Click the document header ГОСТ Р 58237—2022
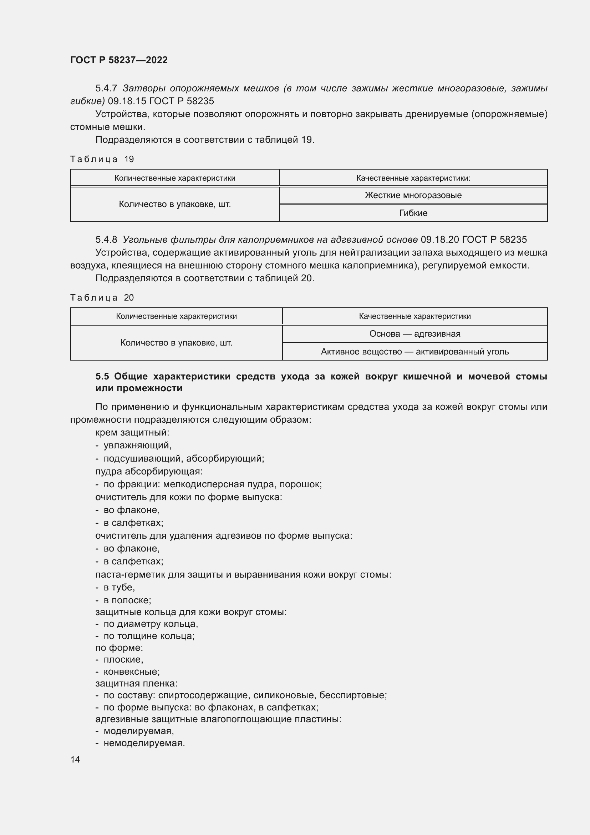pyautogui.click(x=119, y=60)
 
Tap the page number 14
pyautogui.click(x=75, y=759)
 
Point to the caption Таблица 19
pyautogui.click(x=102, y=159)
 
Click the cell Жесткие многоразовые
pyautogui.click(x=413, y=195)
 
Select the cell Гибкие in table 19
pyautogui.click(x=413, y=213)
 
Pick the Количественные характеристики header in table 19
pyautogui.click(x=175, y=178)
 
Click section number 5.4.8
pyautogui.click(x=106, y=240)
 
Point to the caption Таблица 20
pyautogui.click(x=102, y=298)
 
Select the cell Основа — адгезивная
pyautogui.click(x=414, y=334)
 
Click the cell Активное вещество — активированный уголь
pyautogui.click(x=414, y=352)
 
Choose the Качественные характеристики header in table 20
pyautogui.click(x=414, y=316)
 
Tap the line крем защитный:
pyautogui.click(x=132, y=432)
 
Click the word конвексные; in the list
pyautogui.click(x=132, y=672)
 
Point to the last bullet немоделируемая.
pyautogui.click(x=144, y=743)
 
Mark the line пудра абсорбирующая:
pyautogui.click(x=149, y=471)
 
